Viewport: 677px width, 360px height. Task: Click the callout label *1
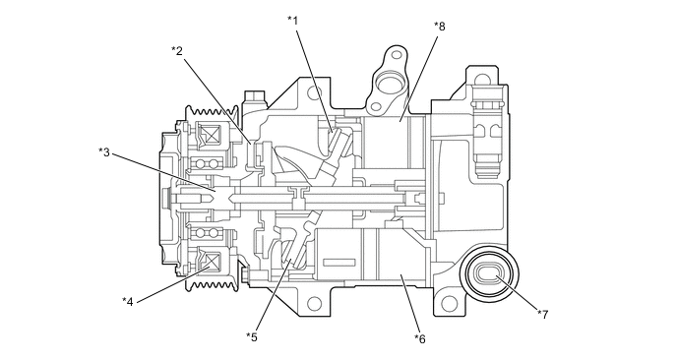(292, 20)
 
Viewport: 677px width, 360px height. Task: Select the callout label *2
(177, 51)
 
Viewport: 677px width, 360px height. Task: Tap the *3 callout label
(104, 151)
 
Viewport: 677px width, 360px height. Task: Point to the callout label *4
(127, 301)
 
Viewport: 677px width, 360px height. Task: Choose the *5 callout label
(252, 336)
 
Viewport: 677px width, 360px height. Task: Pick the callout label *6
(419, 338)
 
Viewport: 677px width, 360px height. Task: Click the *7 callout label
(543, 314)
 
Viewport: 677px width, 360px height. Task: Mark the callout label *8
(439, 27)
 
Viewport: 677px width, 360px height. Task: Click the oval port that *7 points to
(489, 274)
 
